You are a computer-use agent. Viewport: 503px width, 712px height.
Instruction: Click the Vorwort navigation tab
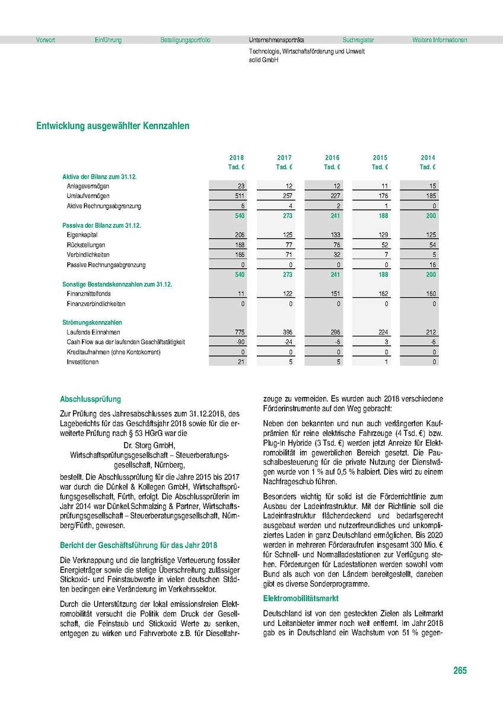point(46,40)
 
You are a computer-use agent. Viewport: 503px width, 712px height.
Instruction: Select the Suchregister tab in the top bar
point(358,40)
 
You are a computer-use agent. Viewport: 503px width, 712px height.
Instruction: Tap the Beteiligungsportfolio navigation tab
point(185,40)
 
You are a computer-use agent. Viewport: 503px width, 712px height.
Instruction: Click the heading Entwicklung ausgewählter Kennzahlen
point(113,126)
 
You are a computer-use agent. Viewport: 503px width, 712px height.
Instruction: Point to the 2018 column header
point(237,158)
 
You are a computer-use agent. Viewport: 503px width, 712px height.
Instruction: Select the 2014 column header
point(428,158)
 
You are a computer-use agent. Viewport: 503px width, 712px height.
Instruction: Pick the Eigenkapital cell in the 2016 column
point(332,236)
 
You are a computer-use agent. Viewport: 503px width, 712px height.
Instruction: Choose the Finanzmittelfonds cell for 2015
point(380,294)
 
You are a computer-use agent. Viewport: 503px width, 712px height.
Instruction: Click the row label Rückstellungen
point(87,245)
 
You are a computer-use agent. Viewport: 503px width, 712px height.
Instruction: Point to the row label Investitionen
point(84,361)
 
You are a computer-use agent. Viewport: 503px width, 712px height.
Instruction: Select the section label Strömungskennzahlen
point(87,322)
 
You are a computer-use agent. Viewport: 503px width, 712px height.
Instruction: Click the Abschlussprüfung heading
point(90,399)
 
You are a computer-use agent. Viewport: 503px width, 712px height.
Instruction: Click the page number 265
point(460,670)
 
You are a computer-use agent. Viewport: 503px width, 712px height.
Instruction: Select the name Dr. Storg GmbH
point(150,445)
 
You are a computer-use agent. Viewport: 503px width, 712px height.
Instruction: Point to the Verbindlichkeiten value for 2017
point(284,255)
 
